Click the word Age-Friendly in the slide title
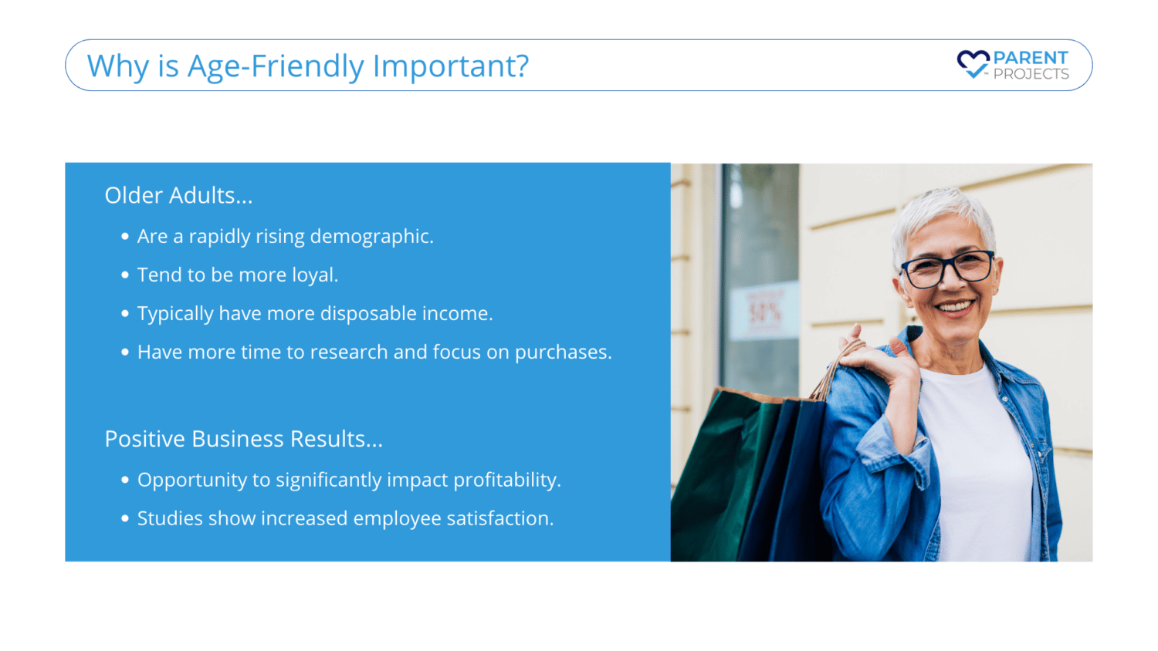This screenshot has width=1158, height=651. pyautogui.click(x=276, y=66)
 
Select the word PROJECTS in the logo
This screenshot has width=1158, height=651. pyautogui.click(x=1031, y=74)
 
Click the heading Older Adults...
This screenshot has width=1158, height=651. pyautogui.click(x=178, y=195)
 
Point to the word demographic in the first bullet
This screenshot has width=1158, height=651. pyautogui.click(x=371, y=237)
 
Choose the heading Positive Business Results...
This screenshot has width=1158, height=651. pyautogui.click(x=243, y=439)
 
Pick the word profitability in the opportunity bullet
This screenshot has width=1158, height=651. pyautogui.click(x=507, y=480)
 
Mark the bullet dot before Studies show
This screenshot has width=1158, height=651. pyautogui.click(x=124, y=518)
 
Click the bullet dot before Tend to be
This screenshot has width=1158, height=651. pyautogui.click(x=124, y=275)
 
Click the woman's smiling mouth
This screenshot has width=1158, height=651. pyautogui.click(x=954, y=307)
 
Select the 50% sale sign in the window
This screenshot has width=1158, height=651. pyautogui.click(x=764, y=311)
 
